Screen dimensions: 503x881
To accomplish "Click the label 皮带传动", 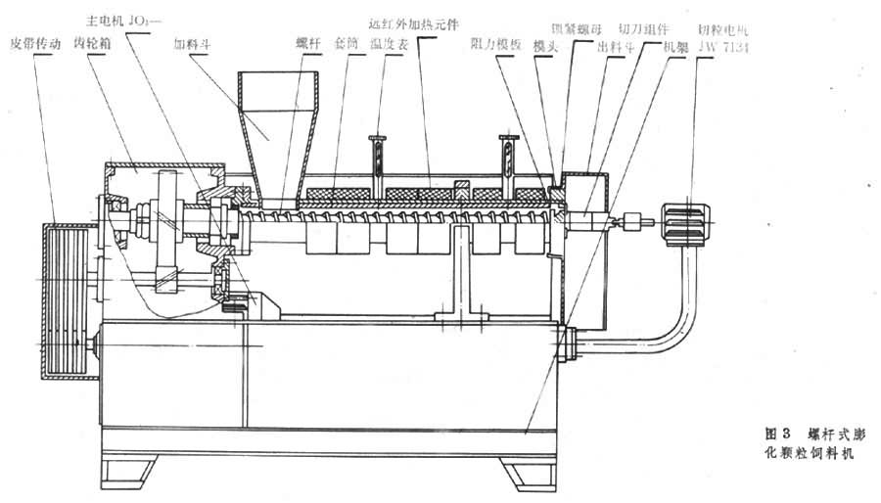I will [x=35, y=45].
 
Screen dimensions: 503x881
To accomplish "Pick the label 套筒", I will [x=346, y=44].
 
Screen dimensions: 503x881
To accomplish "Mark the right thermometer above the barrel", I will [x=506, y=156].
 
